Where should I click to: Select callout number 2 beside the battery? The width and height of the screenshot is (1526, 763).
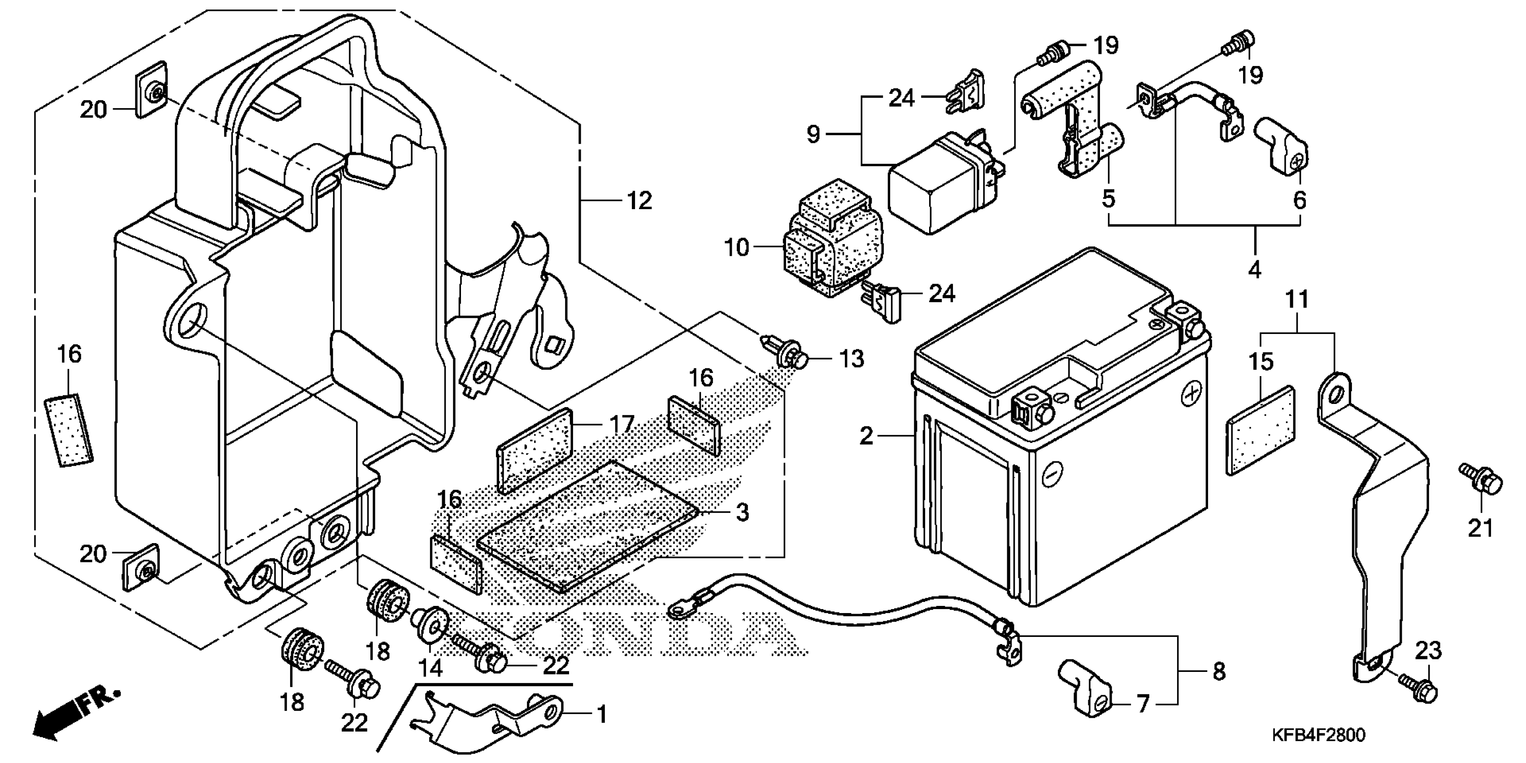(x=866, y=436)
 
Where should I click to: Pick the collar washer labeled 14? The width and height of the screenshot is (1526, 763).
(x=431, y=626)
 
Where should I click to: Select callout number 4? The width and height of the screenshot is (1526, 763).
(x=1254, y=270)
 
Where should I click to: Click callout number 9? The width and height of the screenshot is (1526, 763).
(x=814, y=135)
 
